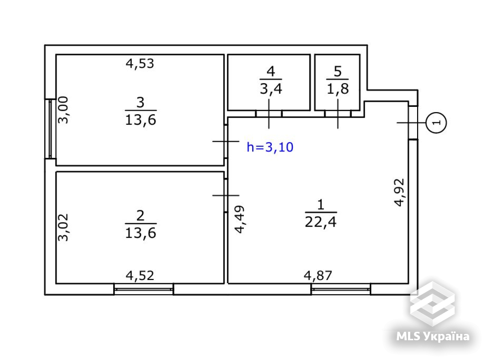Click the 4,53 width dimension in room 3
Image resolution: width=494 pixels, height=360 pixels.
(140, 64)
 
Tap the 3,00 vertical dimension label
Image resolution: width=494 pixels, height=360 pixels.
(63, 110)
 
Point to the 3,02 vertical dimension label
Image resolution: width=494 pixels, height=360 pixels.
(63, 227)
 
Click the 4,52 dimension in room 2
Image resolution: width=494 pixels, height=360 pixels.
(140, 276)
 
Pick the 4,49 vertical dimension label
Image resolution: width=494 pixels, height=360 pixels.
(240, 219)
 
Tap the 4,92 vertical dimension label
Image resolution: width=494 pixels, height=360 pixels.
(399, 192)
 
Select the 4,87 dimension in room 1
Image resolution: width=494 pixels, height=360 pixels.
(318, 276)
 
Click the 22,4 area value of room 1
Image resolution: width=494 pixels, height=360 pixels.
(321, 222)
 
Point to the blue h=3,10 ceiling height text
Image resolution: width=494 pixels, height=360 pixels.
(270, 147)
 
